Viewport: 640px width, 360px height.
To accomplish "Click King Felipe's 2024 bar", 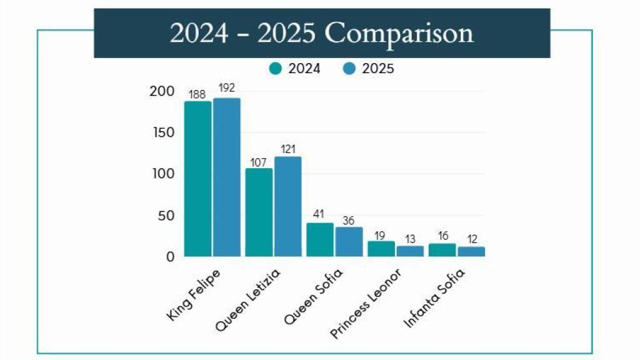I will [x=197, y=179].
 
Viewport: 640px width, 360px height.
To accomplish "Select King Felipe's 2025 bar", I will [x=226, y=177].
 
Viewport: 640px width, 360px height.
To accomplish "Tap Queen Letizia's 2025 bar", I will [x=287, y=206].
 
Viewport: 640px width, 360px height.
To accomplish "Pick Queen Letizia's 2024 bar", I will [x=259, y=212].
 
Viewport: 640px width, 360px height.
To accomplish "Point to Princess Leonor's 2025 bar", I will [x=410, y=251].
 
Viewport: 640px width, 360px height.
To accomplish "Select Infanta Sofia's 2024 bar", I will [x=442, y=250].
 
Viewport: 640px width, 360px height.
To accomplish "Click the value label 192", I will [x=226, y=88].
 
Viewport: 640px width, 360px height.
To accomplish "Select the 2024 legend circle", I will [x=276, y=69].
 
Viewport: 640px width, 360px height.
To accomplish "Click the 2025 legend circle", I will [x=349, y=69].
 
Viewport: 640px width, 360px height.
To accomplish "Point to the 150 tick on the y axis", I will [x=162, y=132].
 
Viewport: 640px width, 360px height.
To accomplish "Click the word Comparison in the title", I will [x=399, y=33].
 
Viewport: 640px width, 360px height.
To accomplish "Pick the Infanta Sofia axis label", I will [x=436, y=297].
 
